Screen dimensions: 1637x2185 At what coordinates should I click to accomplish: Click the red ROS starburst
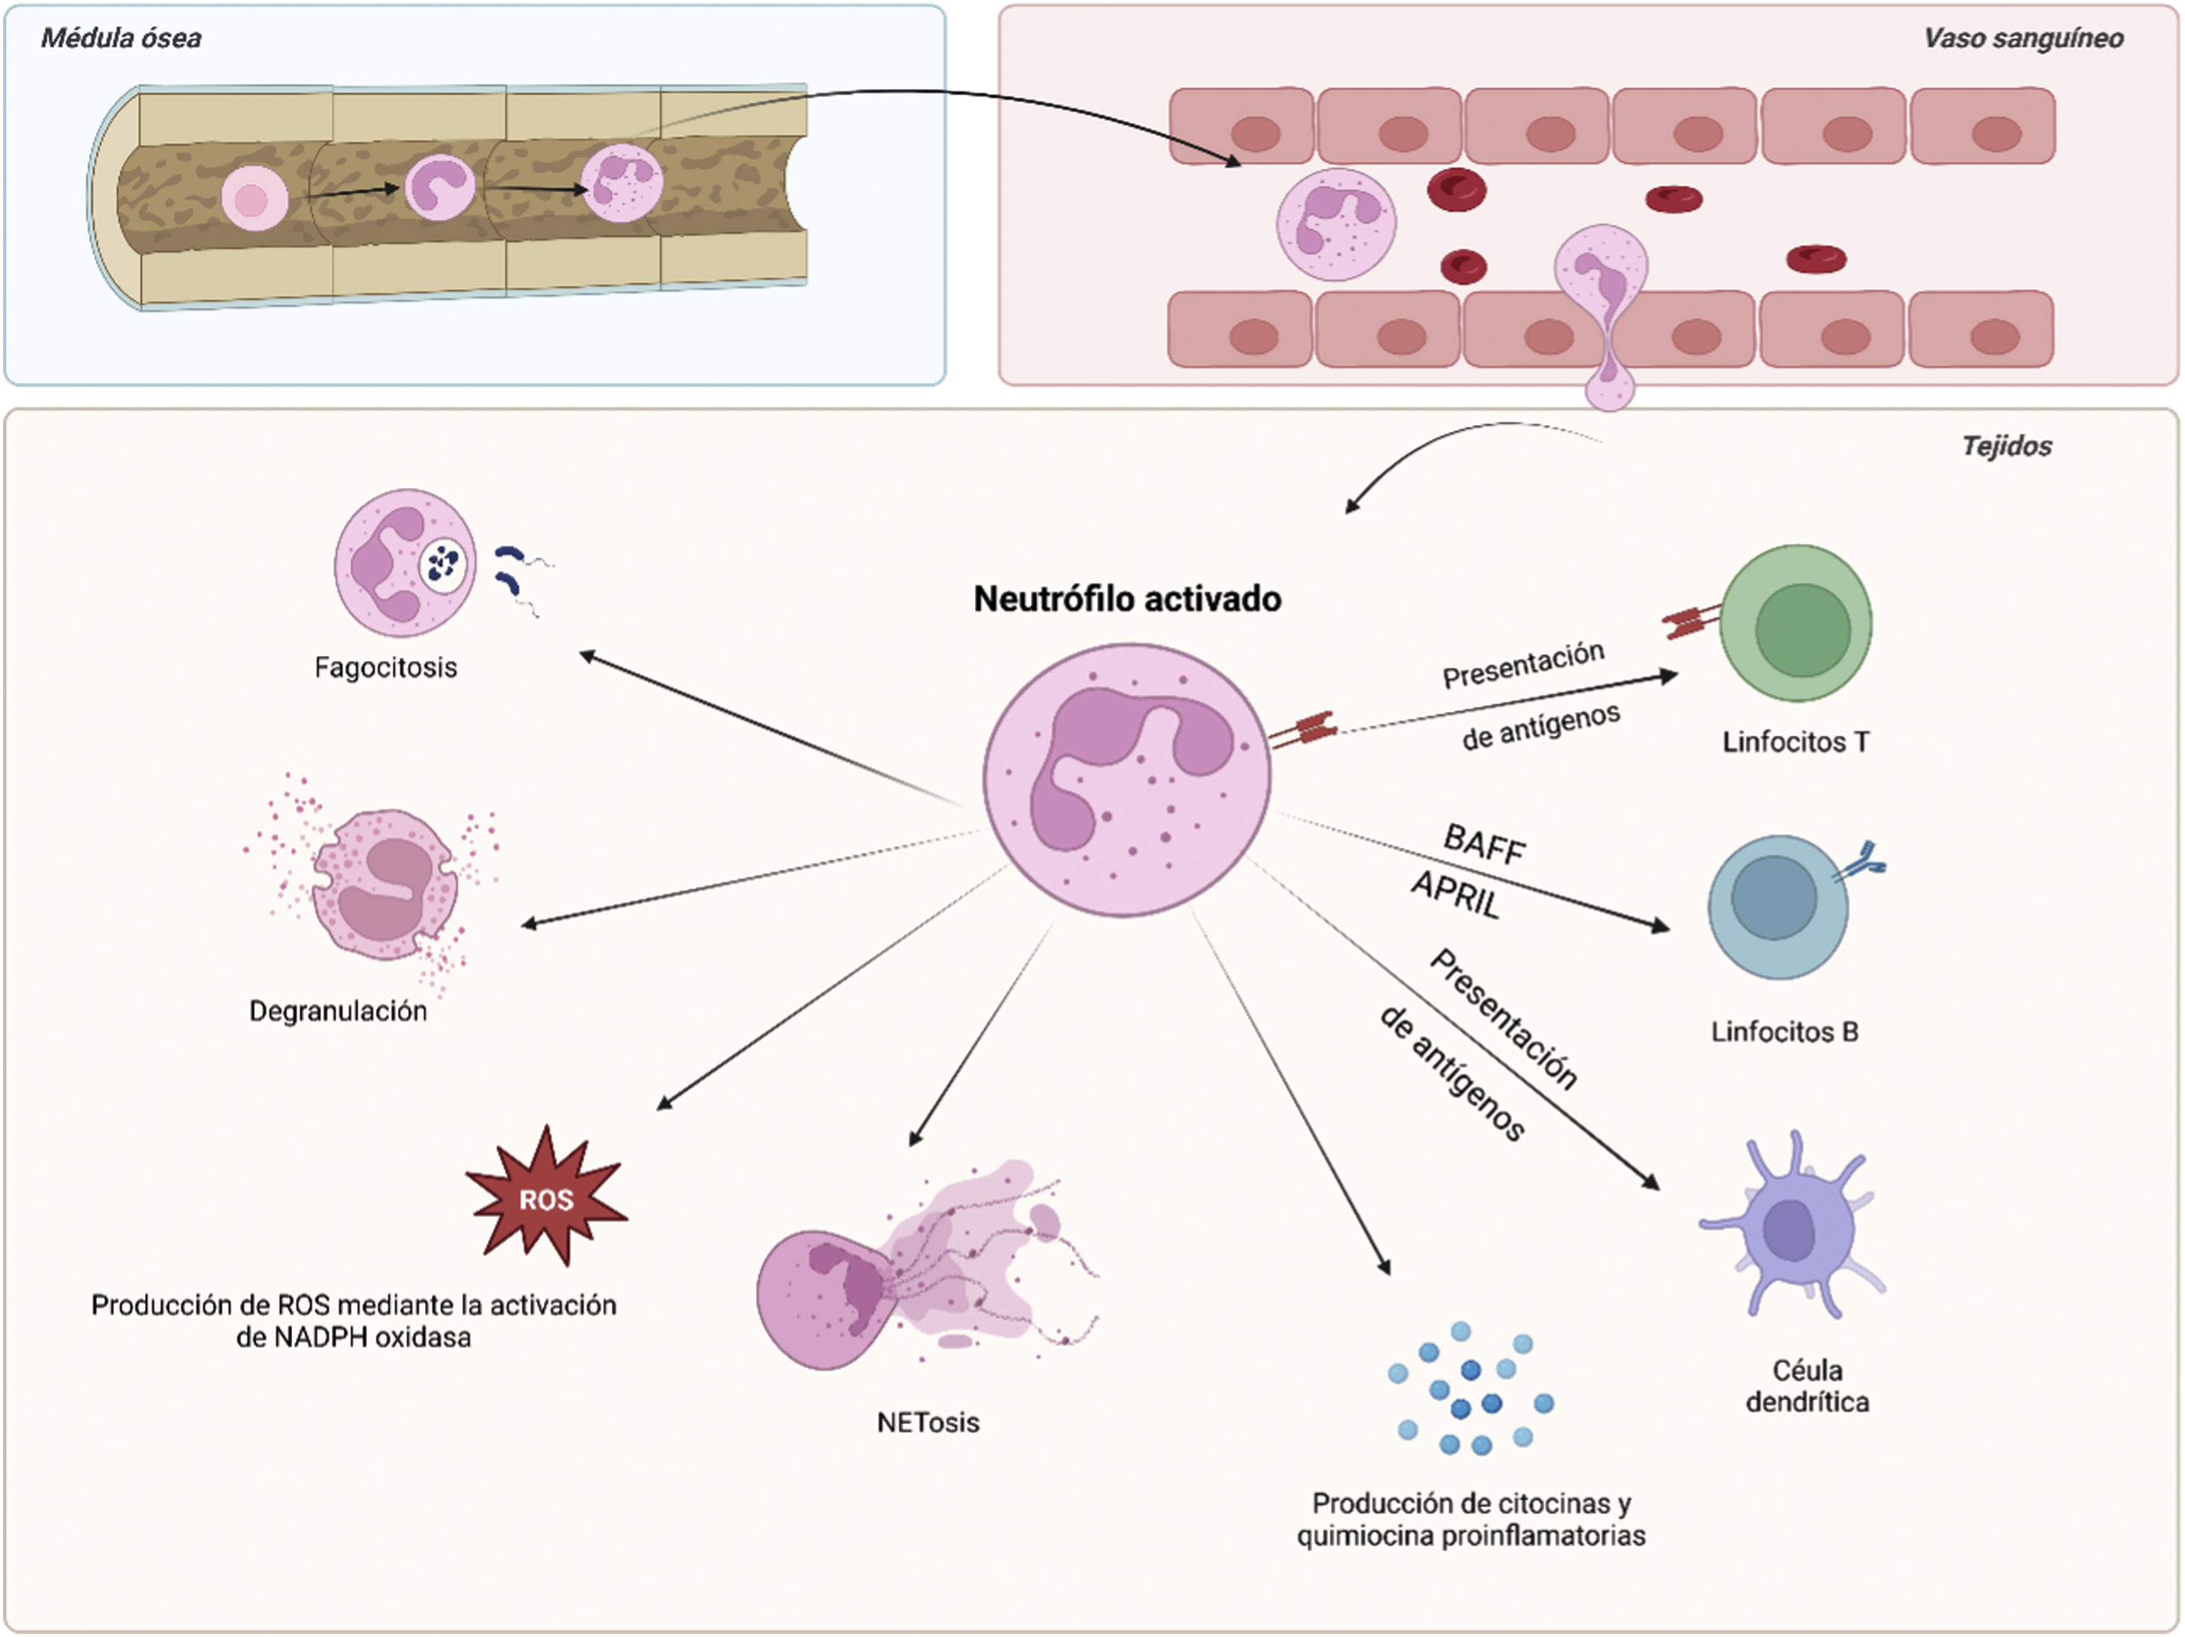[546, 1198]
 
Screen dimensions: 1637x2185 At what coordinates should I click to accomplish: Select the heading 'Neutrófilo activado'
[1127, 598]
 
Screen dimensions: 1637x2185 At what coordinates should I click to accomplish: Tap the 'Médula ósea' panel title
[120, 39]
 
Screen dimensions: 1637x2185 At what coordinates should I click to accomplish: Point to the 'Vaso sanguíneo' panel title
[2023, 39]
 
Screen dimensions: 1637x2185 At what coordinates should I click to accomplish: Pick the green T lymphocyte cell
[1797, 625]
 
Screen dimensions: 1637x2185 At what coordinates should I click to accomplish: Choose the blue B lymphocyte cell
[1777, 907]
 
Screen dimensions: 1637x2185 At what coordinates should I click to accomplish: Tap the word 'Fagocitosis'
[385, 668]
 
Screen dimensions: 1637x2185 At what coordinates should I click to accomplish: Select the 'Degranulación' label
[338, 1011]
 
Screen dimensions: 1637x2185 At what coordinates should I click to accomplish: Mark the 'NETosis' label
[928, 1423]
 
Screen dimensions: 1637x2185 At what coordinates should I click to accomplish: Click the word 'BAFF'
[1484, 845]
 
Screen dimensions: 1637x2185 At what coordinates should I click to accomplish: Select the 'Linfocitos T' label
[1795, 742]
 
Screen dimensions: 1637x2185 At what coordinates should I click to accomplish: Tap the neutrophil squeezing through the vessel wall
[1602, 297]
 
